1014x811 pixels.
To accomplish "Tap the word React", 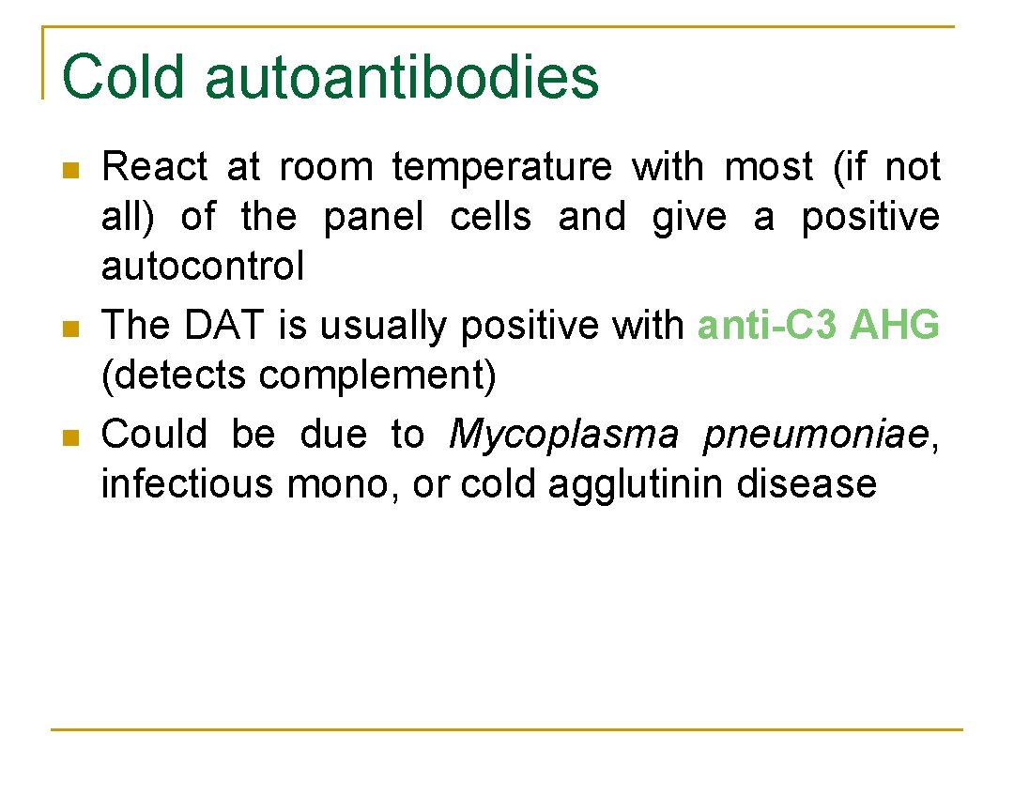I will pyautogui.click(x=154, y=167).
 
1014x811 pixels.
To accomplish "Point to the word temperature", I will pyautogui.click(x=501, y=167).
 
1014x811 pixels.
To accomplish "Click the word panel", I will pyautogui.click(x=374, y=218).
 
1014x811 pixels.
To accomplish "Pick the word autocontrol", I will pyautogui.click(x=203, y=268).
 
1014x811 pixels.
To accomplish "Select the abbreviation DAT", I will pyautogui.click(x=227, y=326).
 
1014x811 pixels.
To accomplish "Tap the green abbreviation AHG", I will pyautogui.click(x=894, y=326).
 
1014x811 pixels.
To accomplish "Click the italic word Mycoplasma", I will pyautogui.click(x=563, y=435).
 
